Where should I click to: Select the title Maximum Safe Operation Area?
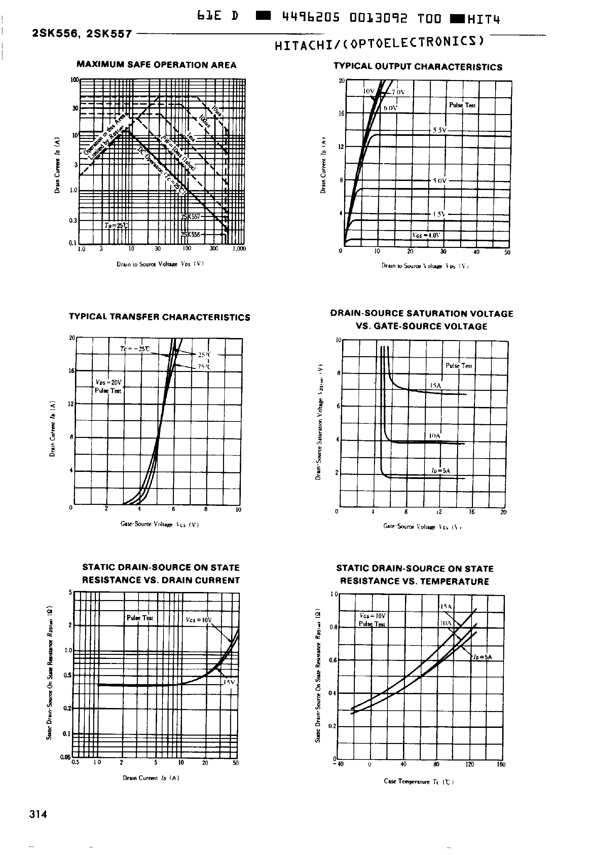tap(156, 65)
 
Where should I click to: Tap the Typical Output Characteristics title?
tap(418, 67)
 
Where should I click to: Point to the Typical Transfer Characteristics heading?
tap(159, 317)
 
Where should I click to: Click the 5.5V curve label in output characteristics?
tap(440, 131)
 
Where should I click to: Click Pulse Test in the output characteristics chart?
tap(462, 105)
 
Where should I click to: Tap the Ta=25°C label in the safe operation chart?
tap(116, 226)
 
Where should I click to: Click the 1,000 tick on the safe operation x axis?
tap(239, 249)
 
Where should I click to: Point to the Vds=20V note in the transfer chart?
tap(108, 382)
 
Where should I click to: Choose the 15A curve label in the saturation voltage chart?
tap(436, 386)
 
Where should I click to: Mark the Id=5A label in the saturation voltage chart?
tap(440, 471)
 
